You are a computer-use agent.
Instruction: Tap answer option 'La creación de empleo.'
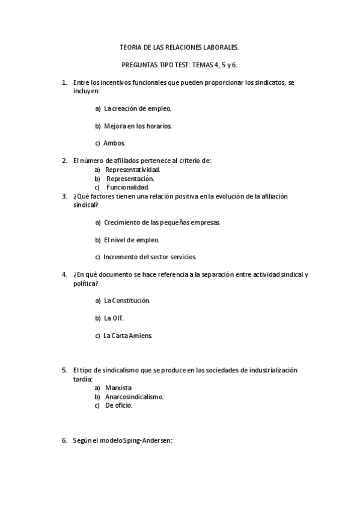tap(138, 109)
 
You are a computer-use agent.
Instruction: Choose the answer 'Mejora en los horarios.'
tap(138, 126)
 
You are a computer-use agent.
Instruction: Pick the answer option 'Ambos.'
tap(114, 143)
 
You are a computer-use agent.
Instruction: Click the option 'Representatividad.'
tap(133, 170)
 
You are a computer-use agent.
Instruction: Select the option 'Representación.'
tap(130, 178)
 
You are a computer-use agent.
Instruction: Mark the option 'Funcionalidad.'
tap(127, 187)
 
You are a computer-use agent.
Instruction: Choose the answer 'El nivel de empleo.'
tap(131, 240)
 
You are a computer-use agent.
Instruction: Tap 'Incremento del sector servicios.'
tap(150, 257)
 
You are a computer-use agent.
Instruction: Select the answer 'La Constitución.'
tap(127, 300)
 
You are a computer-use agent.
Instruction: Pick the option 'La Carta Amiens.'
tap(128, 336)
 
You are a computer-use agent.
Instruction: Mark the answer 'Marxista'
tap(118, 388)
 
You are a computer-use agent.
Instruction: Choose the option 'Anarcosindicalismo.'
tap(134, 397)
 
